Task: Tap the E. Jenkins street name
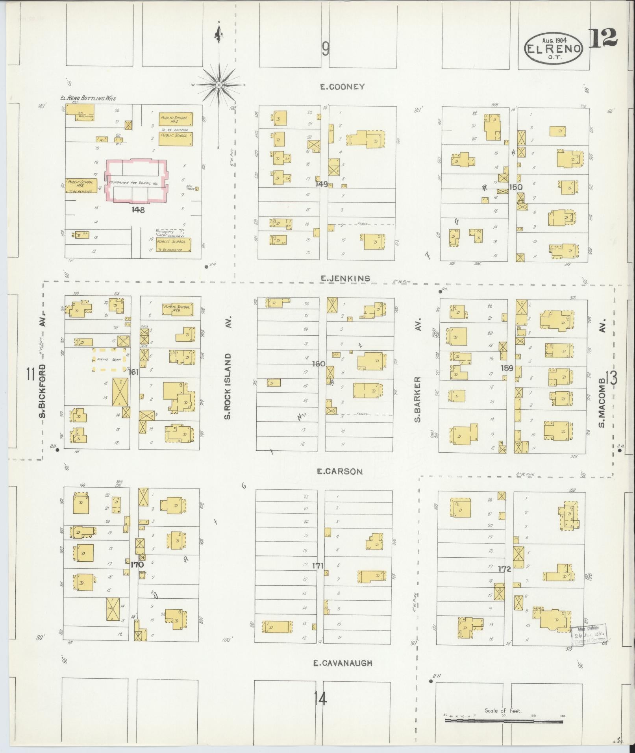point(345,278)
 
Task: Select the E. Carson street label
point(339,471)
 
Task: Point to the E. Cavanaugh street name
point(342,663)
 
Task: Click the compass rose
point(218,85)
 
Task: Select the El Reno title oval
point(553,49)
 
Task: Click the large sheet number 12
point(603,38)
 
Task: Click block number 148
point(138,210)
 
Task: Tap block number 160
point(318,363)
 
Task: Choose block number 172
point(504,569)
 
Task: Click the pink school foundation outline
point(137,181)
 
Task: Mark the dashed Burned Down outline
point(109,359)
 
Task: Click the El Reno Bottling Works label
point(88,98)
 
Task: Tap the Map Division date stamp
point(589,635)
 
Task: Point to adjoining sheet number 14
point(320,699)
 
